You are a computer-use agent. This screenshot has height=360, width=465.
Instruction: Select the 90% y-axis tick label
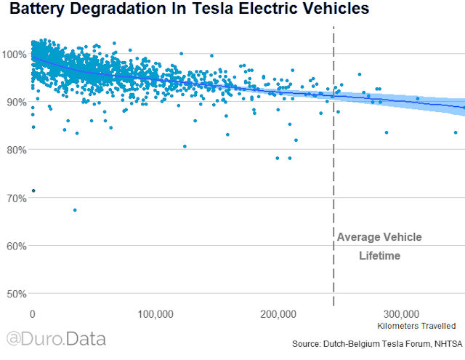coord(16,102)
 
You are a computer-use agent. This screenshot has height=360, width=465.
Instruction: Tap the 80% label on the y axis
coord(16,150)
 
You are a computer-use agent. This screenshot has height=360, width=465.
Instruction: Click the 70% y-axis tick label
coord(16,198)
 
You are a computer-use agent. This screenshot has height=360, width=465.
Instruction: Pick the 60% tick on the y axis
coord(16,246)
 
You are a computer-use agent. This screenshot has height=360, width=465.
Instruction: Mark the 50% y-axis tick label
coord(16,294)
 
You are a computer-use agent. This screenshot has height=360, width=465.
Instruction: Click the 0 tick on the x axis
coord(32,314)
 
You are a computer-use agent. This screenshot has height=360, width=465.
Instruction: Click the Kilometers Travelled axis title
coord(417,326)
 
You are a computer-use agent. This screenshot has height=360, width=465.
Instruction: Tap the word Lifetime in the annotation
coord(379,256)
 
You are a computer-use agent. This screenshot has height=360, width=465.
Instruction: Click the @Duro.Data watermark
coord(56,339)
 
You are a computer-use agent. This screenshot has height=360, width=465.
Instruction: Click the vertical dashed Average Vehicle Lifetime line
coord(333,182)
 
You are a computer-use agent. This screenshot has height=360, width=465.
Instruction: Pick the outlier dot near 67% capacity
coord(75,210)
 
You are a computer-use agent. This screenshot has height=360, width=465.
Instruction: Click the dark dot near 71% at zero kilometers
coord(33,191)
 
